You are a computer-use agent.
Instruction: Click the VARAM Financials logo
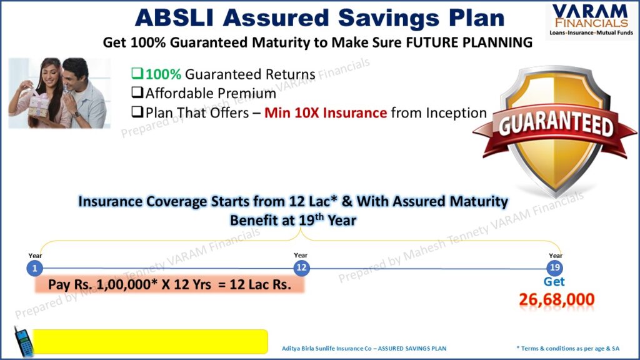point(591,20)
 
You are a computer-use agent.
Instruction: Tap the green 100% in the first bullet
point(163,74)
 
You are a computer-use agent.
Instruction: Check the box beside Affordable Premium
point(137,92)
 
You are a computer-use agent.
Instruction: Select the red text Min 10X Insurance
point(326,112)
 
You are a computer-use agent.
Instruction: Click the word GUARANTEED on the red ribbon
point(556,125)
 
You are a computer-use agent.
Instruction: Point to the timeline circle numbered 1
point(35,268)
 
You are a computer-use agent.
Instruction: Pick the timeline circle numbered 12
point(301,267)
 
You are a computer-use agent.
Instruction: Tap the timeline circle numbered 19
point(555,267)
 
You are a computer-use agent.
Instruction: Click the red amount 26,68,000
point(557,299)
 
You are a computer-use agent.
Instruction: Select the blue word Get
point(554,282)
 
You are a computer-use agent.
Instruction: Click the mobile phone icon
point(24,342)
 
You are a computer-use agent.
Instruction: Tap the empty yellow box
point(150,342)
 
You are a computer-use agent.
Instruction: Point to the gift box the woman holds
point(38,105)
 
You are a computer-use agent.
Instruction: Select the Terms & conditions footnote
point(567,349)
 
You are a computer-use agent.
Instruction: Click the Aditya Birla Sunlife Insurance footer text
point(364,349)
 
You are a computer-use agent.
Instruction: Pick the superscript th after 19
point(319,216)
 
